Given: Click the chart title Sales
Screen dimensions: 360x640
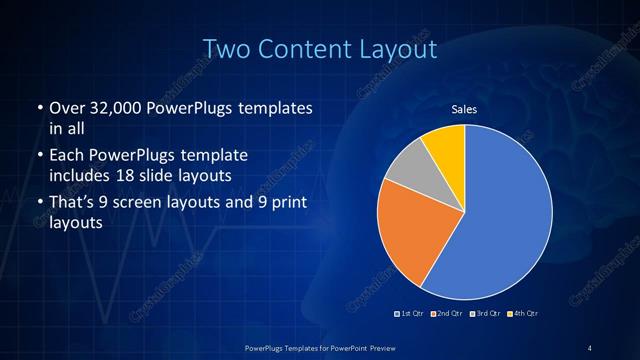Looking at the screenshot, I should pyautogui.click(x=464, y=108).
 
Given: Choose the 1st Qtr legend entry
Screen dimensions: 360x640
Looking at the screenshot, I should pyautogui.click(x=411, y=314).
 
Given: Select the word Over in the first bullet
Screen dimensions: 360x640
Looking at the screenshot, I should pyautogui.click(x=65, y=107).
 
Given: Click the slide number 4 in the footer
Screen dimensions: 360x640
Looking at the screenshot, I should pyautogui.click(x=589, y=347).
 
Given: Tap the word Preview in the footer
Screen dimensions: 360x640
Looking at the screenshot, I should pyautogui.click(x=382, y=347).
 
